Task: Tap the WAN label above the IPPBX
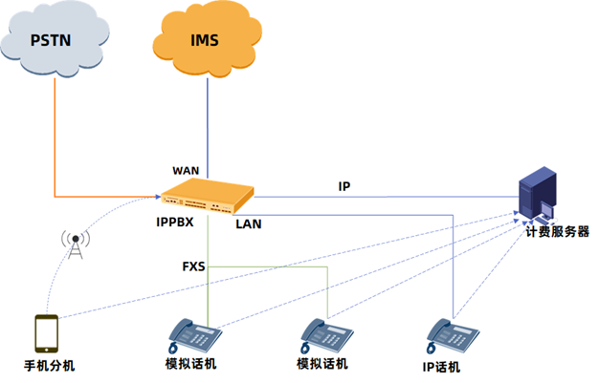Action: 186,170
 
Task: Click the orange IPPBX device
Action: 210,198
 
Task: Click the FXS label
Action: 194,265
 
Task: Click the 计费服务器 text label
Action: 556,231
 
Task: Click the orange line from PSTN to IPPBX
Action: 55,143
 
